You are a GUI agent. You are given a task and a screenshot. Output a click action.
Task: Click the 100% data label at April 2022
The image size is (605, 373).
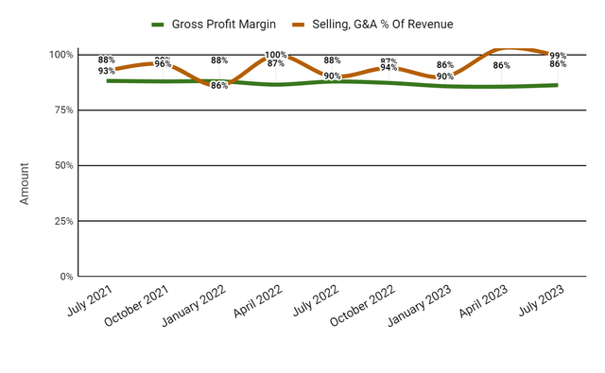pos(276,56)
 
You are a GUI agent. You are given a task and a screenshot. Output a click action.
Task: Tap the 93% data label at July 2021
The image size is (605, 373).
pos(106,71)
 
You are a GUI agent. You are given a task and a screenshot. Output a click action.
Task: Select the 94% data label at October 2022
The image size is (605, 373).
pos(389,68)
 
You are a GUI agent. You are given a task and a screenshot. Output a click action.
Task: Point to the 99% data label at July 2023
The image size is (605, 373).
pos(558,56)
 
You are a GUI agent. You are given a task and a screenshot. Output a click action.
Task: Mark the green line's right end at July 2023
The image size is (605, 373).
pos(556,85)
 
